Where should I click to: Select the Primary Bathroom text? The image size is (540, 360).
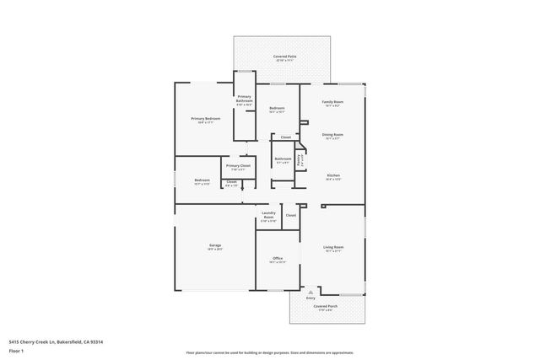tap(245, 99)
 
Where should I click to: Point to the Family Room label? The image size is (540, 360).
tap(332, 102)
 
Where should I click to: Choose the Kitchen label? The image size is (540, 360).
tap(332, 175)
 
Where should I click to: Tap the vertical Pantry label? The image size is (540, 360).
tap(301, 158)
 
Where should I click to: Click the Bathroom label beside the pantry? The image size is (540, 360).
tap(283, 159)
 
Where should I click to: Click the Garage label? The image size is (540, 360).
tap(215, 245)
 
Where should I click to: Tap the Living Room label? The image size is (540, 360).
tap(332, 248)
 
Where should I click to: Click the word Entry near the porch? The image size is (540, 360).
tap(310, 298)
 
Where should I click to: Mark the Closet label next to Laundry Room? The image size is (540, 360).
tap(290, 215)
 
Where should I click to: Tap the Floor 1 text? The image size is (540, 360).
tap(16, 351)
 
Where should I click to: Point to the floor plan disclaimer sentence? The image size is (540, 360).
tap(269, 352)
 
